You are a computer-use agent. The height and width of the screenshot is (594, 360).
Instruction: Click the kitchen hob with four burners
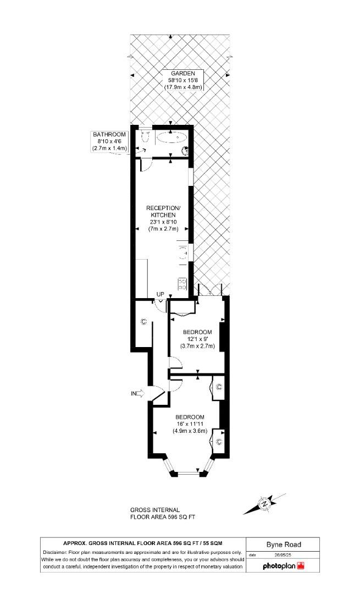pyautogui.click(x=182, y=284)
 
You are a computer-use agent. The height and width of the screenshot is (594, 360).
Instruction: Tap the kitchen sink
pyautogui.click(x=182, y=254)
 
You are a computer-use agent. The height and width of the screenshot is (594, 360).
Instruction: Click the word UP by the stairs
pyautogui.click(x=160, y=294)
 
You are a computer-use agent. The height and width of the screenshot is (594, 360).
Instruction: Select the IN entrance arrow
pyautogui.click(x=137, y=393)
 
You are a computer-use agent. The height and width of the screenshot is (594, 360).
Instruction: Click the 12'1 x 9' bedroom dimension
pyautogui.click(x=197, y=339)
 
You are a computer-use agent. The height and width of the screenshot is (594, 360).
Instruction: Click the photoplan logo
pyautogui.click(x=284, y=565)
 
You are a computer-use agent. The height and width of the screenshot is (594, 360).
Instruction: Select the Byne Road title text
pyautogui.click(x=284, y=544)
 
